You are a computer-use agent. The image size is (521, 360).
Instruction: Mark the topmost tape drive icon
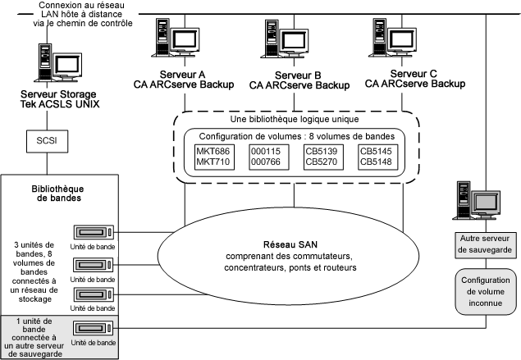tap(94, 232)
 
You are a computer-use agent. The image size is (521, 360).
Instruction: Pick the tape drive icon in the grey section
tap(94, 329)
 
